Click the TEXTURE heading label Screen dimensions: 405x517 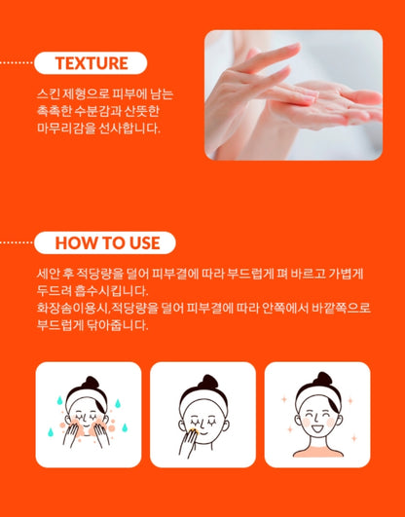92,63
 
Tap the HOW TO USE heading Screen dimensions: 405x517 107,242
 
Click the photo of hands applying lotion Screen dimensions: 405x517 293,95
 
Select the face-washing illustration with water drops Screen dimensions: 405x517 89,415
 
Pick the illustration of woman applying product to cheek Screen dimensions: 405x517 202,415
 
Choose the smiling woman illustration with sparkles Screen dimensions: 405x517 317,415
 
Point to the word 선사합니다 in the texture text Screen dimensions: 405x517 129,129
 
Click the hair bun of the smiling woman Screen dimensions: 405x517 322,379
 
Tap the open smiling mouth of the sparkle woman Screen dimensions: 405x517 317,428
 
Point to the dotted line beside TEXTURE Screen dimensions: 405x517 17,62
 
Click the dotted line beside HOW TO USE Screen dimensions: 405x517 17,242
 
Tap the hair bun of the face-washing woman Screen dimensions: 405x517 91,382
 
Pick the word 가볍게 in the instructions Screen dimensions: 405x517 346,274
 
